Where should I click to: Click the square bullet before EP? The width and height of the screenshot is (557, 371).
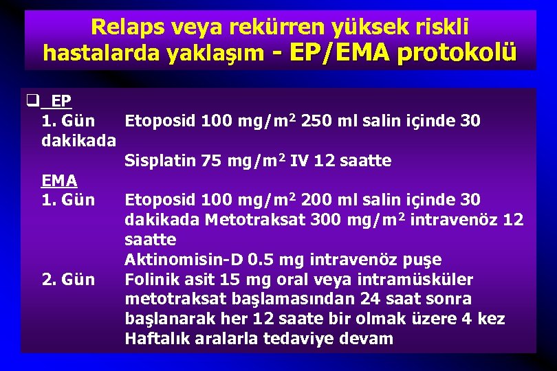point(31,101)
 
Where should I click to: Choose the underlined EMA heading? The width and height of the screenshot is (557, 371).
point(59,181)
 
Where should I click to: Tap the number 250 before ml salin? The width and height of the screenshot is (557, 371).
point(318,122)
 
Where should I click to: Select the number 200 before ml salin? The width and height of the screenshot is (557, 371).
point(318,201)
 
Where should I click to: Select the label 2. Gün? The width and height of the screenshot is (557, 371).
point(69,280)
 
